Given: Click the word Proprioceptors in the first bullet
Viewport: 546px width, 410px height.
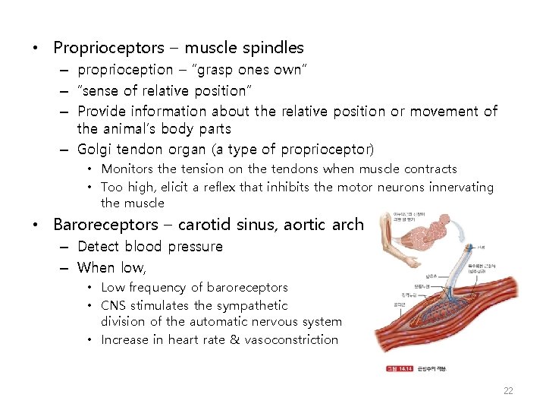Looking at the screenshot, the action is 108,48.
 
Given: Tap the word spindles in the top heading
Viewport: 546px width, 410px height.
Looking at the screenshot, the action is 273,48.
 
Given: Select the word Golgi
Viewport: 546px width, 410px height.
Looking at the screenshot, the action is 96,149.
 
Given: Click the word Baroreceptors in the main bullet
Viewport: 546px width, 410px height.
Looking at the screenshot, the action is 105,225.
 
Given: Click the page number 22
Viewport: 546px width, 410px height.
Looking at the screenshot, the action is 508,391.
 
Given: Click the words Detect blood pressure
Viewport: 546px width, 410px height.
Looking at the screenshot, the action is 150,247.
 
